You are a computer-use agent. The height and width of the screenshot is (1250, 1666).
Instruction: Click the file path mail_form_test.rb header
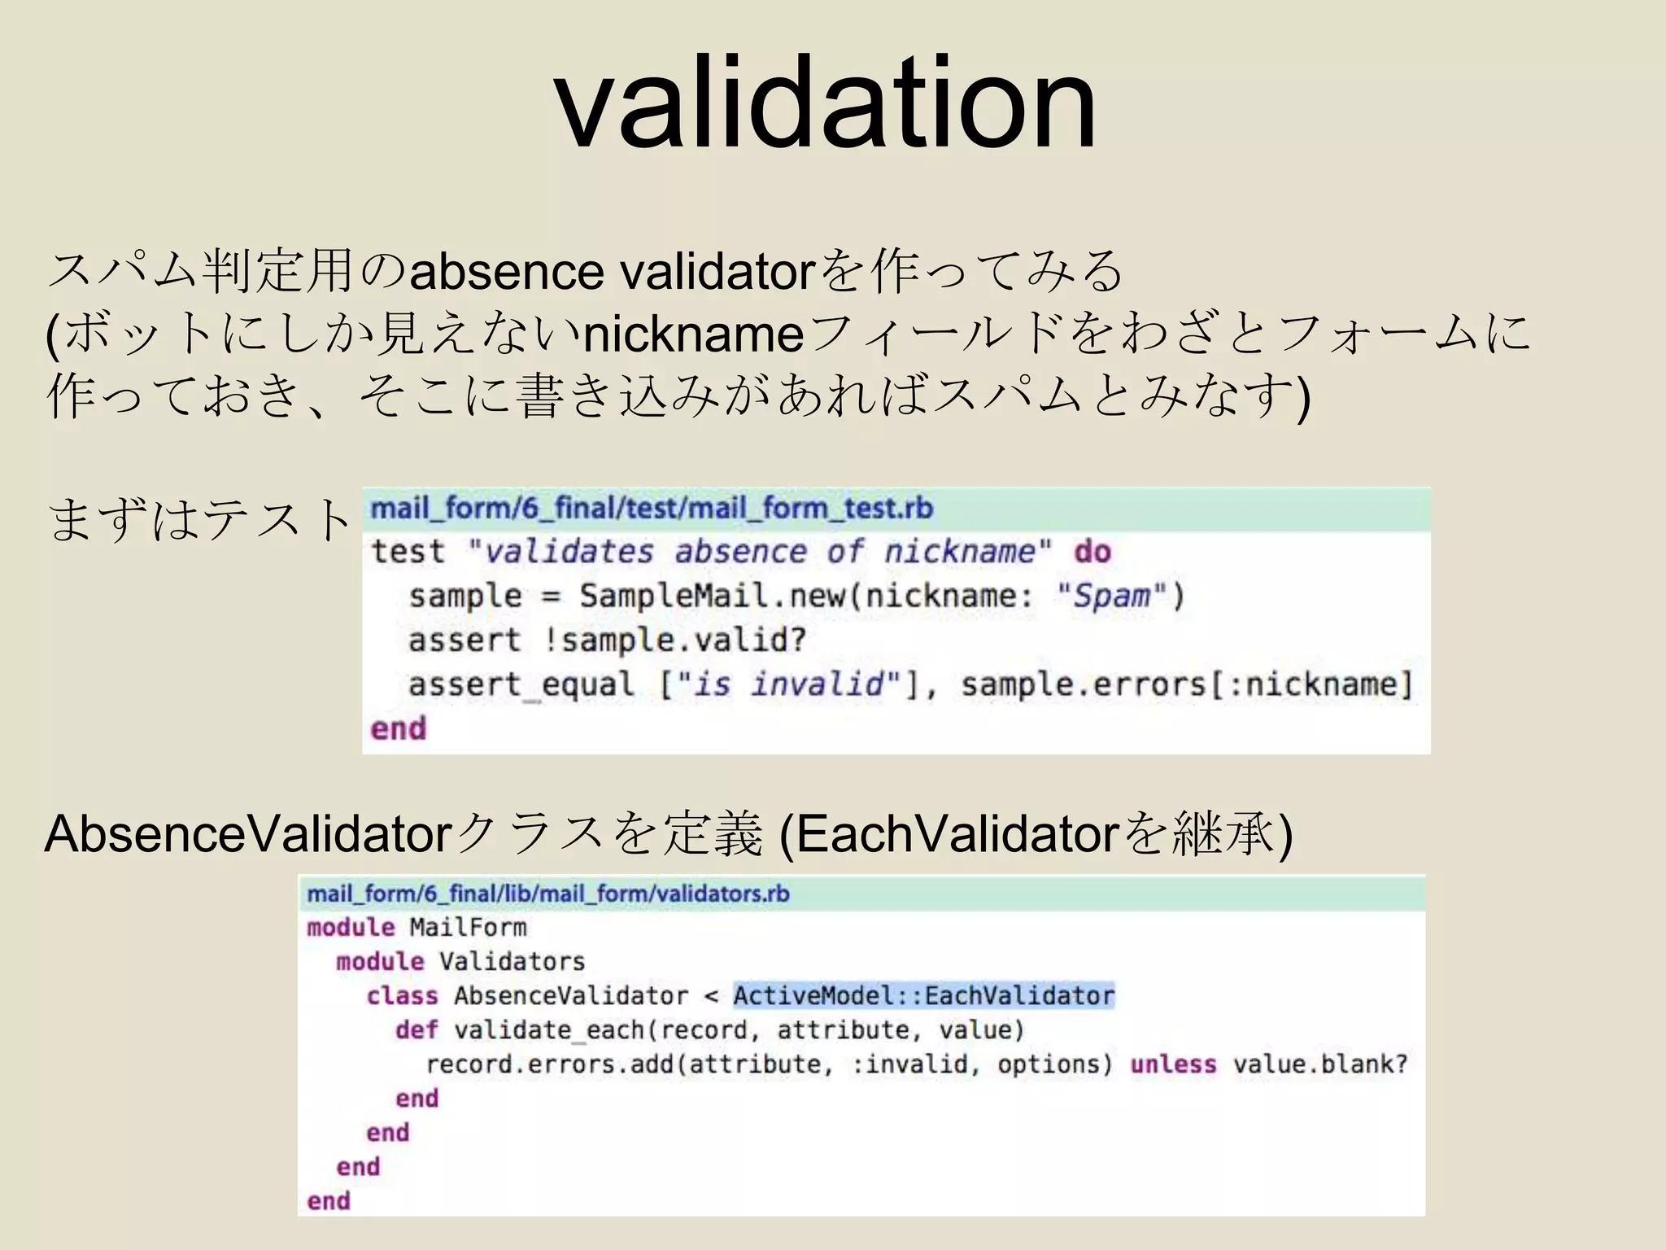click(652, 509)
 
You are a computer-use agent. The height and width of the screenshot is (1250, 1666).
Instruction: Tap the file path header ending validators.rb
click(547, 894)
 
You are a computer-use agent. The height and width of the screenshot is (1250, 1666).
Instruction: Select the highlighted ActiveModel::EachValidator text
click(923, 995)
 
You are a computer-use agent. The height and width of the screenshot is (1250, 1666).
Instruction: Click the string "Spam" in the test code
click(1112, 596)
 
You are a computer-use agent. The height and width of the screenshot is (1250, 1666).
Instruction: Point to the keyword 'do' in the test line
click(1092, 552)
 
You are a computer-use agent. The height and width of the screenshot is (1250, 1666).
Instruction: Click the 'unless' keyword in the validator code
click(1173, 1064)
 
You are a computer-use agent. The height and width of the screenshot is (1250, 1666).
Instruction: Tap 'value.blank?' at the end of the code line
click(1319, 1064)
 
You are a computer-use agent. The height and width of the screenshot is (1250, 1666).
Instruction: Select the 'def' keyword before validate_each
click(416, 1030)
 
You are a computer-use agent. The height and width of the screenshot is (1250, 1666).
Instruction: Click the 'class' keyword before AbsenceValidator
click(402, 996)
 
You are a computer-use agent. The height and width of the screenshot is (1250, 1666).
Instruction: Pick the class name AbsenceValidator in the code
click(570, 996)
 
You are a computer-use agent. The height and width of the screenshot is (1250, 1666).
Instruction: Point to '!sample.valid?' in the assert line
click(674, 640)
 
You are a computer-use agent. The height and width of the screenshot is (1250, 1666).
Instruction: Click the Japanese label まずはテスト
click(198, 519)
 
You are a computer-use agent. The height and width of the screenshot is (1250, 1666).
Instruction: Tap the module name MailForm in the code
click(468, 928)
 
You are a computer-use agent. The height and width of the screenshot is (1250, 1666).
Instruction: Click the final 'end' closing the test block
click(398, 728)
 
